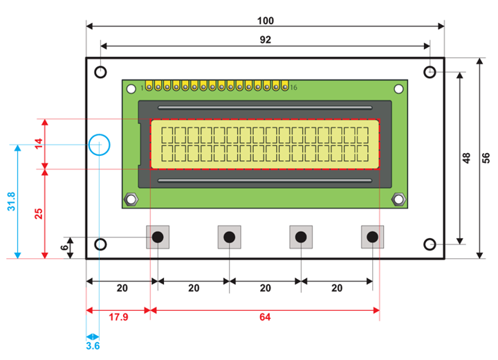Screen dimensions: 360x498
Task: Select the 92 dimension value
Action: pos(265,39)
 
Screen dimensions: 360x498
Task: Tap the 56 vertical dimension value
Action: pos(486,157)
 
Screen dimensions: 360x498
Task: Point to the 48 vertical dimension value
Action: pos(466,157)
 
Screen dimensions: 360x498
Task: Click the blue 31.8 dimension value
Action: pos(10,201)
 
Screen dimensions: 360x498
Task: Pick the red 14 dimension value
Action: pos(39,143)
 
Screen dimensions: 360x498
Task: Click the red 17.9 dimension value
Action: pos(119,318)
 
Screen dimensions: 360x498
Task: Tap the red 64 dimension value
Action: pos(265,318)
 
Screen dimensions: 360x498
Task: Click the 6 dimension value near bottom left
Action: pos(65,247)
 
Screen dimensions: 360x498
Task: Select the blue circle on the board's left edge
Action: pos(100,145)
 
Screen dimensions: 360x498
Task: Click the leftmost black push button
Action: pos(158,237)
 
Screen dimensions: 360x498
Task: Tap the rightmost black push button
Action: pos(373,237)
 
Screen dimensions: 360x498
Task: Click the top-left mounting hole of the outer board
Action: pos(101,71)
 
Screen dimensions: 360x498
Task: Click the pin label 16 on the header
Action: pos(293,88)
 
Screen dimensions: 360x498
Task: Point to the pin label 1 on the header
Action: pos(142,88)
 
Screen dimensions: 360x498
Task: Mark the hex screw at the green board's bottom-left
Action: pos(129,200)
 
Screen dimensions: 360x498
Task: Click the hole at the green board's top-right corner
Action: pos(398,89)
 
